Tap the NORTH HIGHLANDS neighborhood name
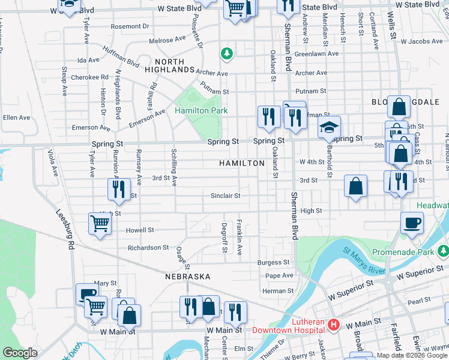[x=174, y=66]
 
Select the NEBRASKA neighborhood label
[x=188, y=277]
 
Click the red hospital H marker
[x=334, y=325]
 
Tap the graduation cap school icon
[x=329, y=128]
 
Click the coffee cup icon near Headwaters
[x=412, y=223]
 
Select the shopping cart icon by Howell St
[x=100, y=224]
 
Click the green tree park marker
[x=226, y=54]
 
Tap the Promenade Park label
[x=402, y=252]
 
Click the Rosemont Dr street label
[x=130, y=26]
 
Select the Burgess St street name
[x=273, y=262]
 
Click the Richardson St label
[x=148, y=247]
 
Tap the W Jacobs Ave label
[x=421, y=41]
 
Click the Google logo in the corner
[x=20, y=353]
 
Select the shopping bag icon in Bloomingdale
[x=398, y=108]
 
